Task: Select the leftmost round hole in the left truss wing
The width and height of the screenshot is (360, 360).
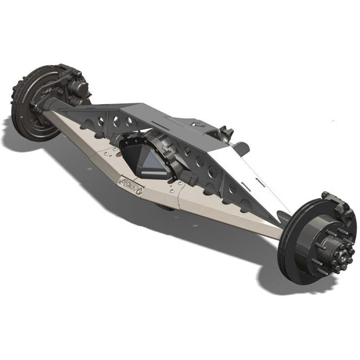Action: coord(101,121)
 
